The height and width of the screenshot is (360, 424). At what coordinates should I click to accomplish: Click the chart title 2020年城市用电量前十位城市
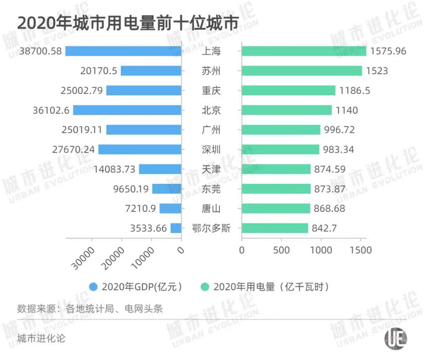(x=127, y=22)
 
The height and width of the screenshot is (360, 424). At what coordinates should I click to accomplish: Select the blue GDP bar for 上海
(x=123, y=51)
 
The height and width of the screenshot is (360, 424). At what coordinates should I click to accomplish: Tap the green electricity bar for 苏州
(x=301, y=71)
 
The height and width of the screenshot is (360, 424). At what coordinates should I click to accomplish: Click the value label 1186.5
(x=356, y=91)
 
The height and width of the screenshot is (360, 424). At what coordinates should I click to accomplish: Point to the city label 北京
(x=211, y=111)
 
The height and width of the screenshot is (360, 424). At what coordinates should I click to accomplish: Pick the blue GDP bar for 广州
(x=144, y=130)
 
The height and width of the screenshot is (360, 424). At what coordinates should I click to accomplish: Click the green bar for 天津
(x=276, y=169)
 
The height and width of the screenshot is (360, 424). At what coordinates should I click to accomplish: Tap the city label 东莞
(x=211, y=189)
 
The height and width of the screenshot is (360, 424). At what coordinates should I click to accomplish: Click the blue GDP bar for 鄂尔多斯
(x=176, y=228)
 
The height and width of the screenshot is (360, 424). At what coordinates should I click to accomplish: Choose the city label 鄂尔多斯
(x=211, y=228)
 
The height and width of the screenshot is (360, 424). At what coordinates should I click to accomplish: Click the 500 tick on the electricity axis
(x=281, y=250)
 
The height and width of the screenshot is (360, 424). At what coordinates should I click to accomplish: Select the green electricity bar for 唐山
(x=276, y=209)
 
